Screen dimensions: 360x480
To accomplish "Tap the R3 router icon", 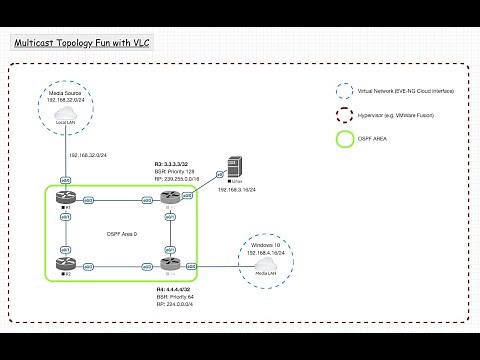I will (170, 200).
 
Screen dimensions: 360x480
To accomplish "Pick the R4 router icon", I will (170, 265).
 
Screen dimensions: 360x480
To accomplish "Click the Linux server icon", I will (234, 166).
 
